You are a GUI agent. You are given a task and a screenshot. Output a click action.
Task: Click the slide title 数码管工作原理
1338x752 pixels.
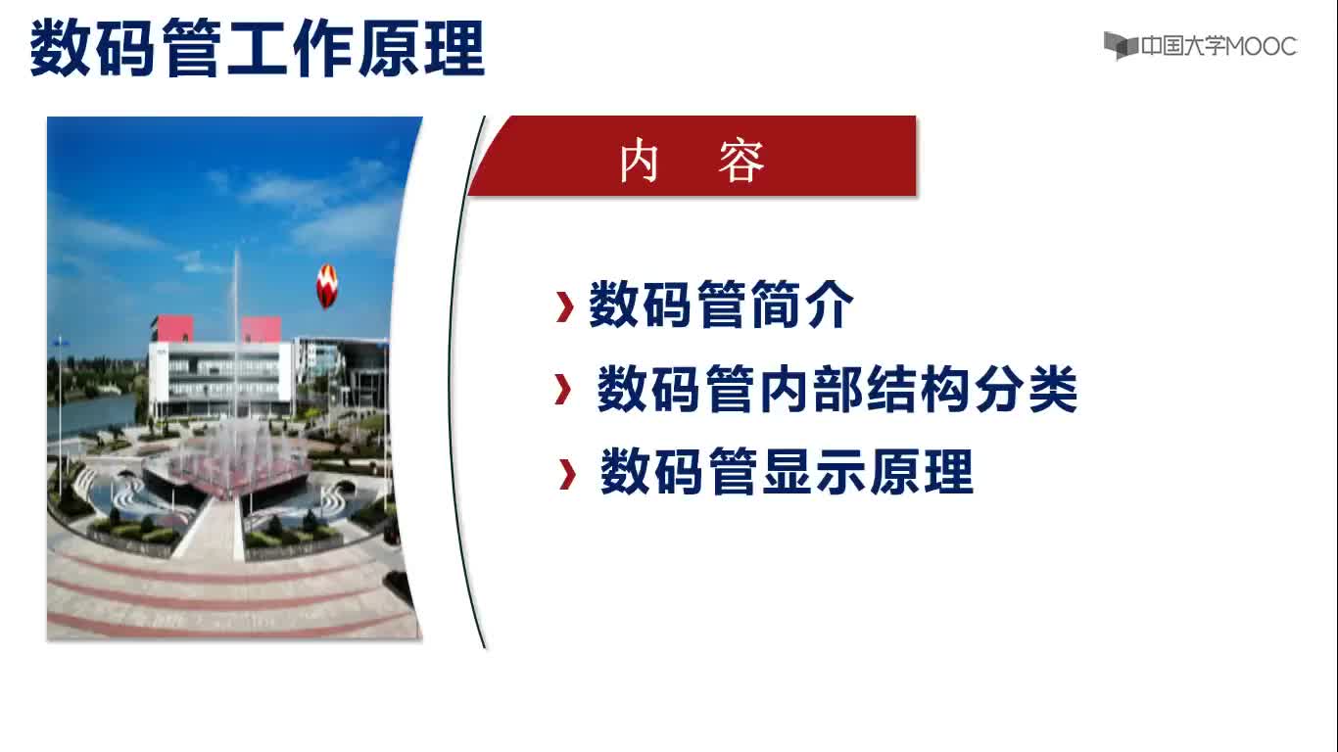[257, 48]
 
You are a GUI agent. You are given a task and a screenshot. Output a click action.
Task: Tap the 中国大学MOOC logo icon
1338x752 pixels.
[1120, 46]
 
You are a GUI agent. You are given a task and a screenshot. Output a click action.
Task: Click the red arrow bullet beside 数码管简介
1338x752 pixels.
[564, 307]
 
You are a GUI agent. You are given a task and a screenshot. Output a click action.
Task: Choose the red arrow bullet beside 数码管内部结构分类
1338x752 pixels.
[562, 389]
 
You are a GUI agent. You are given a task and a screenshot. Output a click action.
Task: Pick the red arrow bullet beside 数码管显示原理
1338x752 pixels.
[567, 474]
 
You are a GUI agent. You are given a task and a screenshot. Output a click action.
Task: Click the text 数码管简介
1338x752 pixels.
[721, 305]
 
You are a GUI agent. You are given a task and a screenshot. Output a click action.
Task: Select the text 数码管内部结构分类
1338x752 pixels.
[836, 389]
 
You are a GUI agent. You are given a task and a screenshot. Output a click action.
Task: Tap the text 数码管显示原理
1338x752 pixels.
[787, 473]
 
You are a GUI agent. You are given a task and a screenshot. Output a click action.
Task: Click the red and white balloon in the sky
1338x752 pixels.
[327, 286]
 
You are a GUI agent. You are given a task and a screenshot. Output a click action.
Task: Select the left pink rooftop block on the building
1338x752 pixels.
[173, 329]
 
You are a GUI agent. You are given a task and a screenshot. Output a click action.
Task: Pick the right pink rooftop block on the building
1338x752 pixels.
[261, 329]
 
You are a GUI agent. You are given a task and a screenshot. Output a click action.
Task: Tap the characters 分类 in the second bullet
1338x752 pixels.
[1027, 389]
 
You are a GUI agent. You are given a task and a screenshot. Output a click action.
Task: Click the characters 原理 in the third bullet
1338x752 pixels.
[922, 473]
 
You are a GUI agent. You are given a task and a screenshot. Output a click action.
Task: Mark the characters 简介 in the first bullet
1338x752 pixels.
[802, 305]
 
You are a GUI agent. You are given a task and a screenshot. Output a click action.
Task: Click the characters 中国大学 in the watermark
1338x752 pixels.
[1182, 46]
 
